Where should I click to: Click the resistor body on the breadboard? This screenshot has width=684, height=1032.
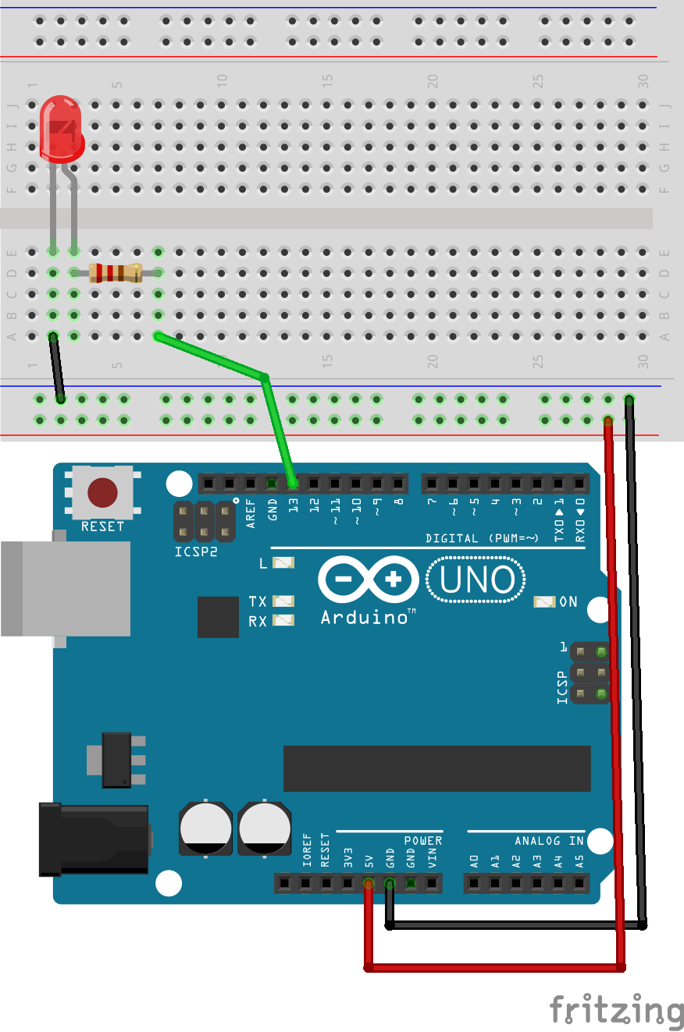pyautogui.click(x=116, y=273)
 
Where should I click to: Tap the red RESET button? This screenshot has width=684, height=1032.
pyautogui.click(x=102, y=492)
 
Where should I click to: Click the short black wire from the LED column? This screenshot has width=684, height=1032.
pyautogui.click(x=57, y=367)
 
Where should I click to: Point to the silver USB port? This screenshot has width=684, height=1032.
pyautogui.click(x=66, y=589)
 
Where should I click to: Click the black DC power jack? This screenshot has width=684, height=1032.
pyautogui.click(x=94, y=839)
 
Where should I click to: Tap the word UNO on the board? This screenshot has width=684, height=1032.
pyautogui.click(x=477, y=580)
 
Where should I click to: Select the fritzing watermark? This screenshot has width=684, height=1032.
pyautogui.click(x=617, y=1009)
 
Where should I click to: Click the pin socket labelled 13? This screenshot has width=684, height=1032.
pyautogui.click(x=293, y=484)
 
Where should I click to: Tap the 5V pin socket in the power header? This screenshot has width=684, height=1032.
pyautogui.click(x=369, y=883)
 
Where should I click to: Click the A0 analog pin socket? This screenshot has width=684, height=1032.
pyautogui.click(x=474, y=883)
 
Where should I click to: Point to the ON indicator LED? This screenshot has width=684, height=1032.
pyautogui.click(x=545, y=601)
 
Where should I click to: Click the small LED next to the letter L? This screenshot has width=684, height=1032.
pyautogui.click(x=283, y=563)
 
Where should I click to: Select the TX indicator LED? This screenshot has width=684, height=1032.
pyautogui.click(x=283, y=601)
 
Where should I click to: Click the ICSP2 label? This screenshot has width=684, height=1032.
pyautogui.click(x=196, y=551)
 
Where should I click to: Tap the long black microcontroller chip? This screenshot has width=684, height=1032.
pyautogui.click(x=436, y=768)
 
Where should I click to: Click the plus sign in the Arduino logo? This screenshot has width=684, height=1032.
pyautogui.click(x=394, y=579)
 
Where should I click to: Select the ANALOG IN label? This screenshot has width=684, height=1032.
pyautogui.click(x=550, y=841)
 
